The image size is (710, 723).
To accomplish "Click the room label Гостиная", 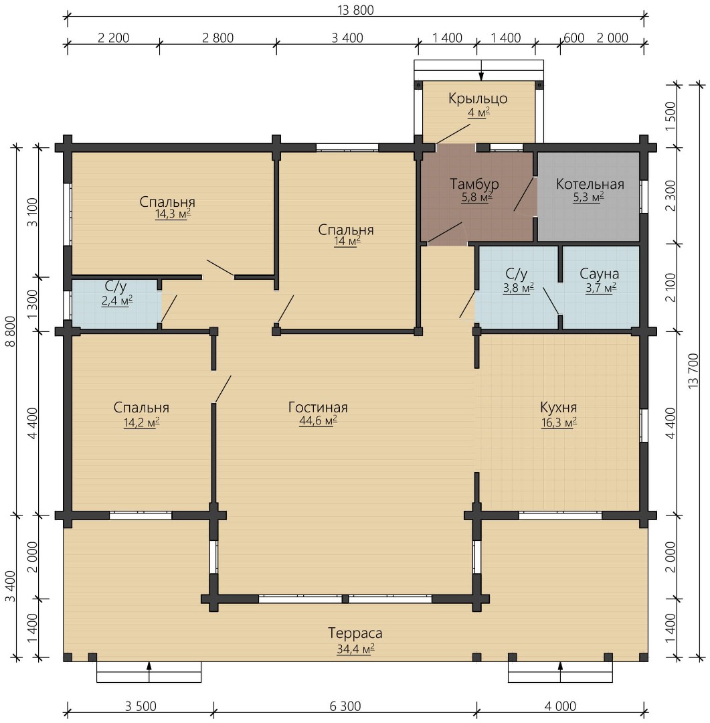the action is (318, 407).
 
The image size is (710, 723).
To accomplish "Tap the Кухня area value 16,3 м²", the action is (559, 422).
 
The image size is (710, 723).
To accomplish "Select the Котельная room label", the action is (590, 184).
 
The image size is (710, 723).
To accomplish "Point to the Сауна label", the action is (599, 273).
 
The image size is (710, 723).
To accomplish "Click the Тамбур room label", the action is (474, 183).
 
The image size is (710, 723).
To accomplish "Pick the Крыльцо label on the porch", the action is (478, 98).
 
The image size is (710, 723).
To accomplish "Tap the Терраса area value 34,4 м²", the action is (355, 649).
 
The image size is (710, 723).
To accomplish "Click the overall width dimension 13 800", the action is (355, 9).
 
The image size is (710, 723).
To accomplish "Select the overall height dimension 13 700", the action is (693, 371).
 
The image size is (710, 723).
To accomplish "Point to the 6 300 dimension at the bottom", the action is (345, 706).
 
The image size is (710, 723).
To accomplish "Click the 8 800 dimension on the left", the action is (9, 331).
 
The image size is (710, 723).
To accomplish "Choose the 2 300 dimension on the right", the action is (671, 195).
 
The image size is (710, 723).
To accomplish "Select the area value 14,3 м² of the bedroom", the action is (173, 214).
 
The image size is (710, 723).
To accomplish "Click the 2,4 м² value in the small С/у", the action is (117, 301).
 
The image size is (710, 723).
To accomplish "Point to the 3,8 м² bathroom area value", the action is (518, 288).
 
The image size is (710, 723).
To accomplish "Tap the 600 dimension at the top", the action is (573, 37).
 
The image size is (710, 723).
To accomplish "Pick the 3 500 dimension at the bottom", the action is (141, 706).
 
